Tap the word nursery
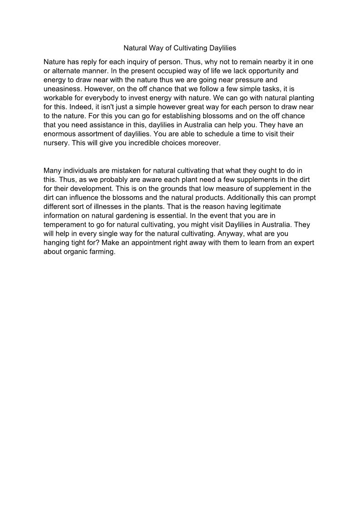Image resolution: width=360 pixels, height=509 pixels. coord(56,143)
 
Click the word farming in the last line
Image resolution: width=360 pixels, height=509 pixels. coord(102,252)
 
